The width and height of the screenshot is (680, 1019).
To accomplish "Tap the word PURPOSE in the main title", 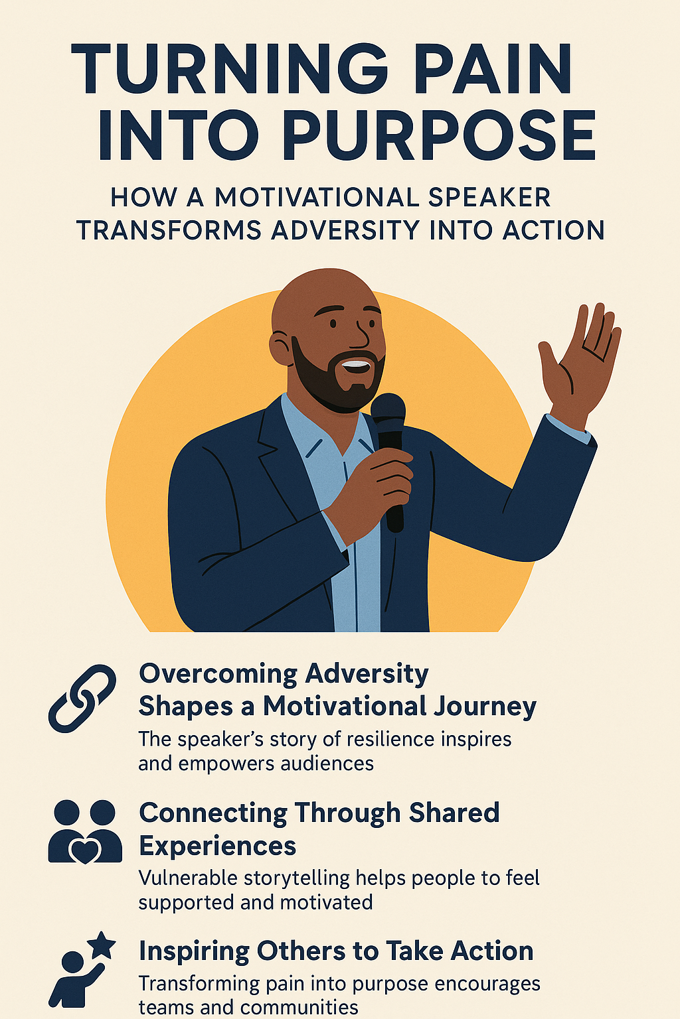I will point(438,136).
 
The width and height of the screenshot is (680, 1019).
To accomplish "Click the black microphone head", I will point(388,413).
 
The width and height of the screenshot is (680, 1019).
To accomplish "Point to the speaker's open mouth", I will point(355,364).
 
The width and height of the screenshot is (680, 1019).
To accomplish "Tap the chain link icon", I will point(82,698).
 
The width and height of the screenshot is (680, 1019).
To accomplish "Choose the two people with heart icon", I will point(85,832).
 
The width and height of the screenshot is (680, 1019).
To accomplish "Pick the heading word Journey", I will point(485,707).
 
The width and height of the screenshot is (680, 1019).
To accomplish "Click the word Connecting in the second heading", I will point(212,813).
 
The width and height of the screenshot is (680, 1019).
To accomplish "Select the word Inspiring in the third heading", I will point(194,951).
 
